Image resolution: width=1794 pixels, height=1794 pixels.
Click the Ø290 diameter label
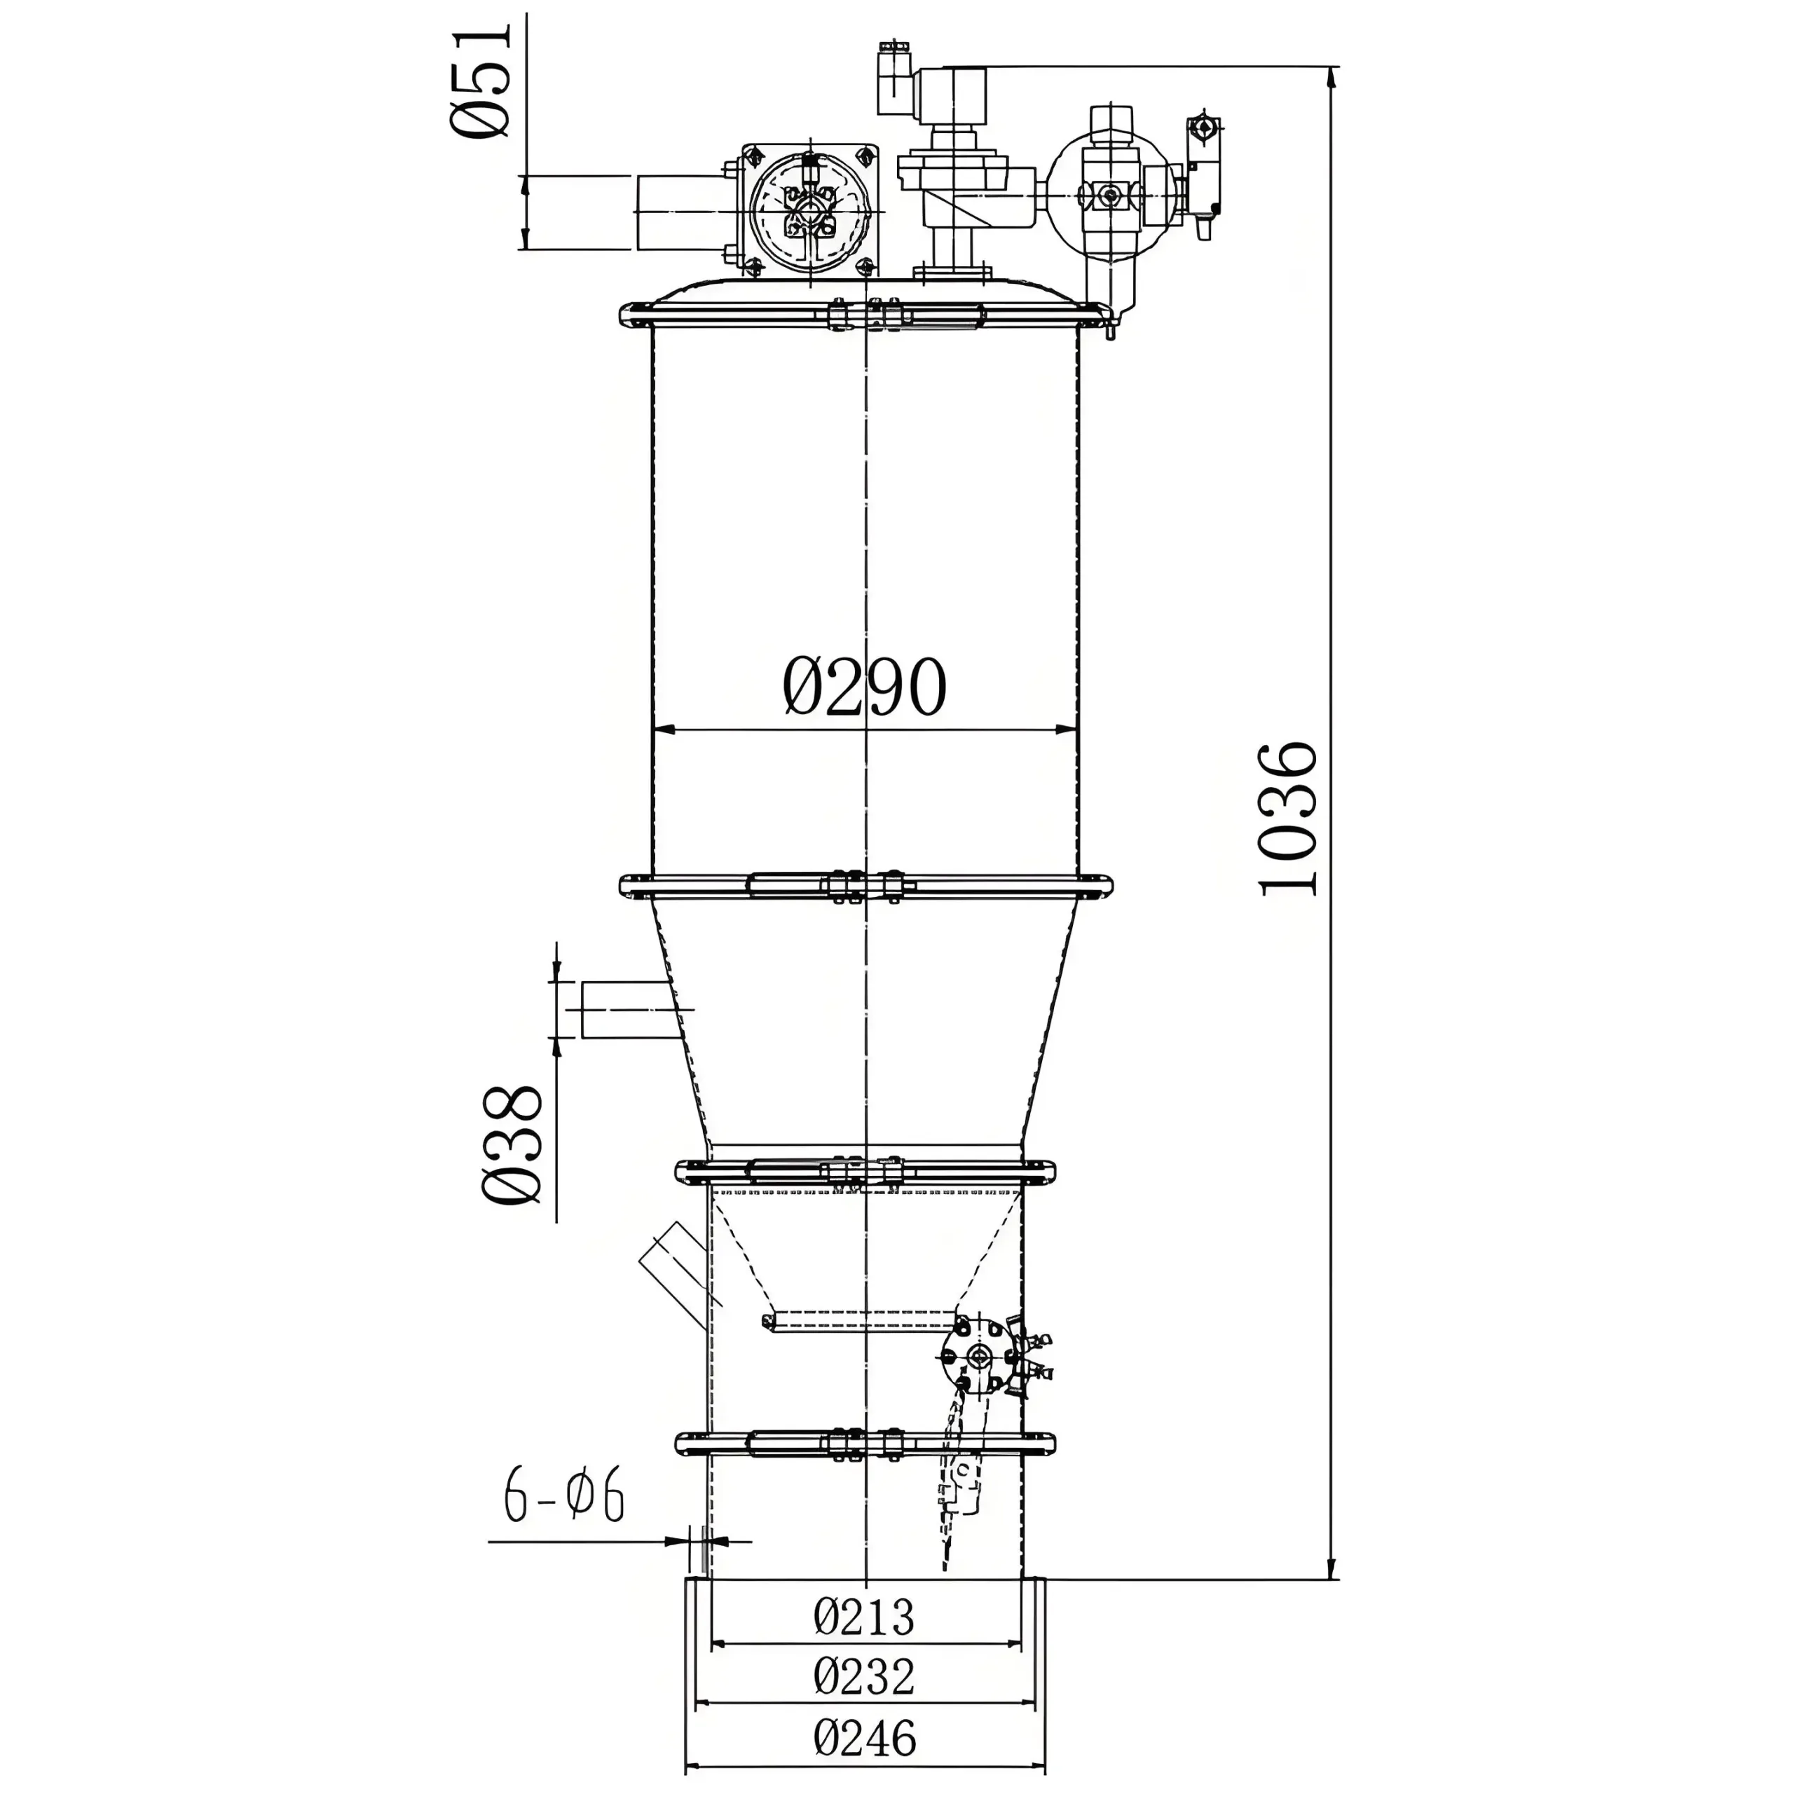point(863,687)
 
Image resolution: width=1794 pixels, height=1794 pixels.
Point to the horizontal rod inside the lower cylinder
point(859,1320)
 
